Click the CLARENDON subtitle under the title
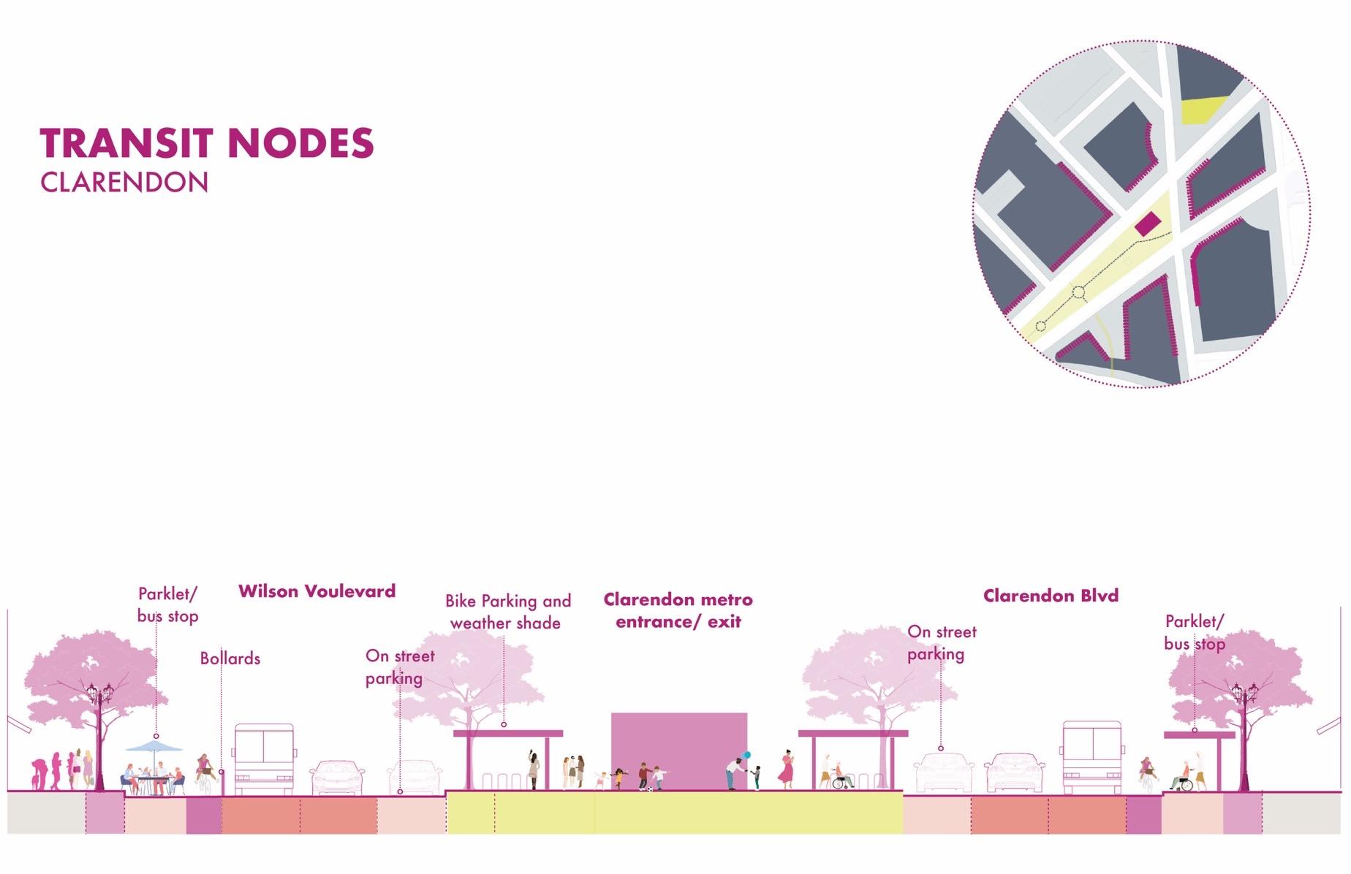coord(124,182)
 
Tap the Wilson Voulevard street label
coord(317,591)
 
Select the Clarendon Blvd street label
coord(1051,596)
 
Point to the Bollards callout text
coord(230,658)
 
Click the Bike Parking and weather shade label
coord(507,612)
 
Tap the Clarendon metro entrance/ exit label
coord(678,610)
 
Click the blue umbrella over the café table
coord(154,746)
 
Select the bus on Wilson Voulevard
coord(264,759)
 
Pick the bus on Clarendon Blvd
coord(1091,757)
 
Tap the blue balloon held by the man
coord(746,755)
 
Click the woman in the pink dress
coord(787,769)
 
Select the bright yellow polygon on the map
coord(1203,110)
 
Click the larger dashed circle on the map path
coord(1078,293)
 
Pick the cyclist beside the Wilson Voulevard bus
coord(205,773)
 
